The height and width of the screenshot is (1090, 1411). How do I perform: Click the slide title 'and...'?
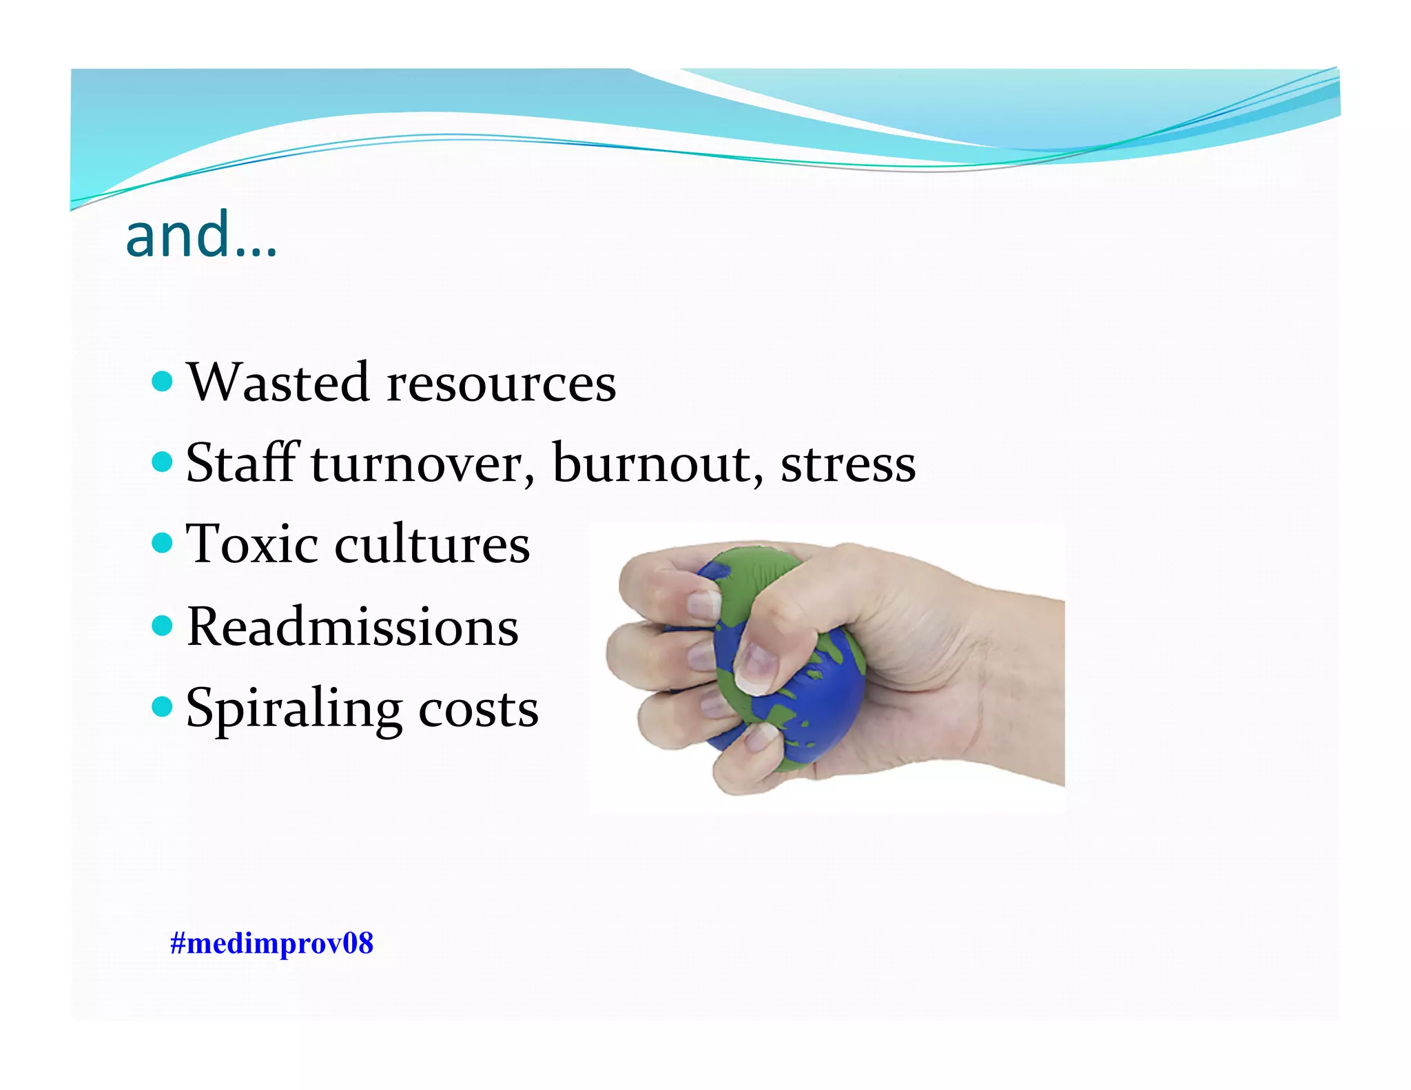pos(201,236)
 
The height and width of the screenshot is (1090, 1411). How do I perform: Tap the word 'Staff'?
pos(241,462)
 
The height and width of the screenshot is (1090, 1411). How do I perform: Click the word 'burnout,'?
pos(658,463)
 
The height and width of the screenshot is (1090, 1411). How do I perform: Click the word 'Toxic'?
pos(252,544)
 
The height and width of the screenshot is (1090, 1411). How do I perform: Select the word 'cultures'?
pos(432,544)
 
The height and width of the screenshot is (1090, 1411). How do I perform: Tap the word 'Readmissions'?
pos(352,627)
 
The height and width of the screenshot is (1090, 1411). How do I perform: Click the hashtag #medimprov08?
pos(271,943)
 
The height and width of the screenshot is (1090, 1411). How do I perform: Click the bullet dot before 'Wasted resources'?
pos(162,381)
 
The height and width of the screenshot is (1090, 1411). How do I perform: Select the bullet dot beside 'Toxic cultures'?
pos(162,543)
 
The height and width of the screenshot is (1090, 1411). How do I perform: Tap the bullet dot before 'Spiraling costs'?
pos(162,706)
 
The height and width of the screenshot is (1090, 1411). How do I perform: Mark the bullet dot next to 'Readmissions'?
pos(162,626)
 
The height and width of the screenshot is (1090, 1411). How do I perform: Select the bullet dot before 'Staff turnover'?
pos(162,462)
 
